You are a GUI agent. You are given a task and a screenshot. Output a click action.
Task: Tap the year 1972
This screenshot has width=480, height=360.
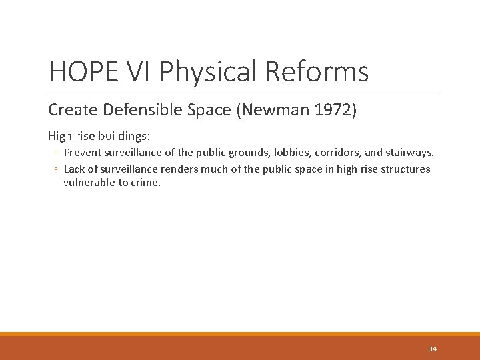(x=335, y=109)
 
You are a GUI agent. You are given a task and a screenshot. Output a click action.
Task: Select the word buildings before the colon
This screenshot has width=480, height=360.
(x=125, y=136)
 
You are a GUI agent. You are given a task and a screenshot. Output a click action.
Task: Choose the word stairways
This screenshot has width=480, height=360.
(x=410, y=153)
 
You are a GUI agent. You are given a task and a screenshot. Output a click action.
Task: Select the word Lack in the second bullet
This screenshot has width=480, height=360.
(x=75, y=169)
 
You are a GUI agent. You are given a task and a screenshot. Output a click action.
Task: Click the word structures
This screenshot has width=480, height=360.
(x=406, y=169)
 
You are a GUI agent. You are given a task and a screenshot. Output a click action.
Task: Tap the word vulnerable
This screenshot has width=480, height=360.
(x=89, y=183)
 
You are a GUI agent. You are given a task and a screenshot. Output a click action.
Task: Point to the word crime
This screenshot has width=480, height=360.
(x=147, y=183)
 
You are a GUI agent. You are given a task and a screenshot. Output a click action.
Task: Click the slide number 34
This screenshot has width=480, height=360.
(x=432, y=349)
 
